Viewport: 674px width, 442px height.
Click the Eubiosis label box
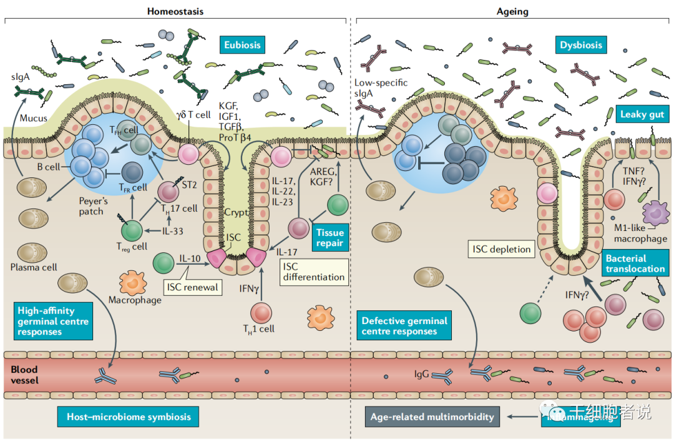(242, 45)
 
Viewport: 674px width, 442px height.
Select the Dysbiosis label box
(581, 45)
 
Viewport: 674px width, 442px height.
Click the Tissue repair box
(329, 238)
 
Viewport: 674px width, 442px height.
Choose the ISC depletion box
(501, 249)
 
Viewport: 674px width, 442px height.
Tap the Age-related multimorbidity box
(432, 416)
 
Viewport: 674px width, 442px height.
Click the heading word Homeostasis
(175, 11)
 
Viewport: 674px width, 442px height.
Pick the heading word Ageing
(512, 11)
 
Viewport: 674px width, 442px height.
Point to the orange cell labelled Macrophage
(132, 282)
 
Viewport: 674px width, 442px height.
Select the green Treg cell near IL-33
(132, 230)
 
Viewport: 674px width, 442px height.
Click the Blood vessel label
(24, 375)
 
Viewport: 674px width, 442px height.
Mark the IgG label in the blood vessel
(422, 375)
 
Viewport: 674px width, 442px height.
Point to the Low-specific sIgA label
(381, 88)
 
